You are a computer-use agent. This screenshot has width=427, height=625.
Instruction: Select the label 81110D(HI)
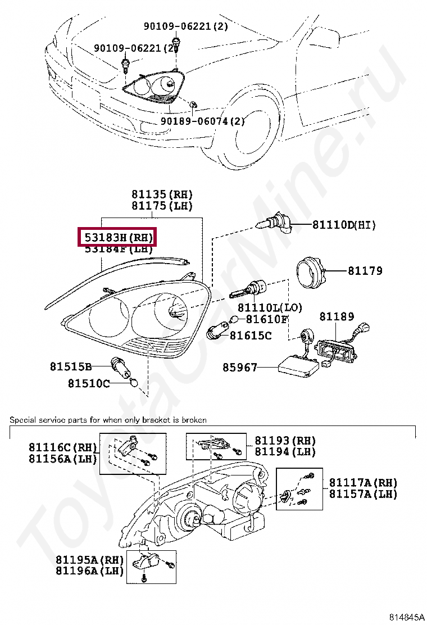click(344, 225)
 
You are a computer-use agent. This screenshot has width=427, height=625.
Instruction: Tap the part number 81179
click(365, 271)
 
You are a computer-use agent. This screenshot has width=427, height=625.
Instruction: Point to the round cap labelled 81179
click(311, 270)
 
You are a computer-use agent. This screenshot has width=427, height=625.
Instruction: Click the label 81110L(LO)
click(270, 307)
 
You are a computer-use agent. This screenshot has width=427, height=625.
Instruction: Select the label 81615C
click(251, 336)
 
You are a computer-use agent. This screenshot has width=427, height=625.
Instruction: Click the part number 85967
click(239, 368)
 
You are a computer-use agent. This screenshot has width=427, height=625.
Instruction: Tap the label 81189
click(337, 316)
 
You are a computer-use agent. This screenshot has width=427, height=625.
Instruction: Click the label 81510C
click(89, 383)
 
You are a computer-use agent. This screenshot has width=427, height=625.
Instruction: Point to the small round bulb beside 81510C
click(134, 383)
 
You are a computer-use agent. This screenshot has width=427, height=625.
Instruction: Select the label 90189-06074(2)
click(203, 121)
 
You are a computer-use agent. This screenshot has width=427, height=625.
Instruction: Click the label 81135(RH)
click(162, 194)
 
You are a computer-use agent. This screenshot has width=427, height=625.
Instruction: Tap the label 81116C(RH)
click(61, 447)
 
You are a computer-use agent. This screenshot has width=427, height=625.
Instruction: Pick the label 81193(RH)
click(285, 441)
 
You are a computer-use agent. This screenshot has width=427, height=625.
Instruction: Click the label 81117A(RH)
click(363, 483)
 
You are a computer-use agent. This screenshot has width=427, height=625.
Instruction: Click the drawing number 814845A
click(402, 617)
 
